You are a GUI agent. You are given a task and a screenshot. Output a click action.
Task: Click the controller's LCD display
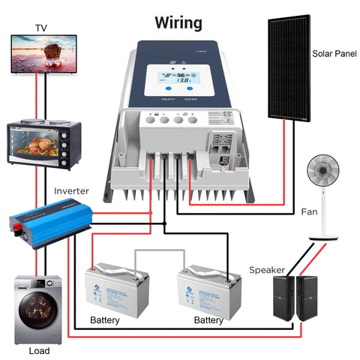pyautogui.click(x=178, y=77)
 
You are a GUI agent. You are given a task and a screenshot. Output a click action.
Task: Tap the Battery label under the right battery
pyautogui.click(x=208, y=320)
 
